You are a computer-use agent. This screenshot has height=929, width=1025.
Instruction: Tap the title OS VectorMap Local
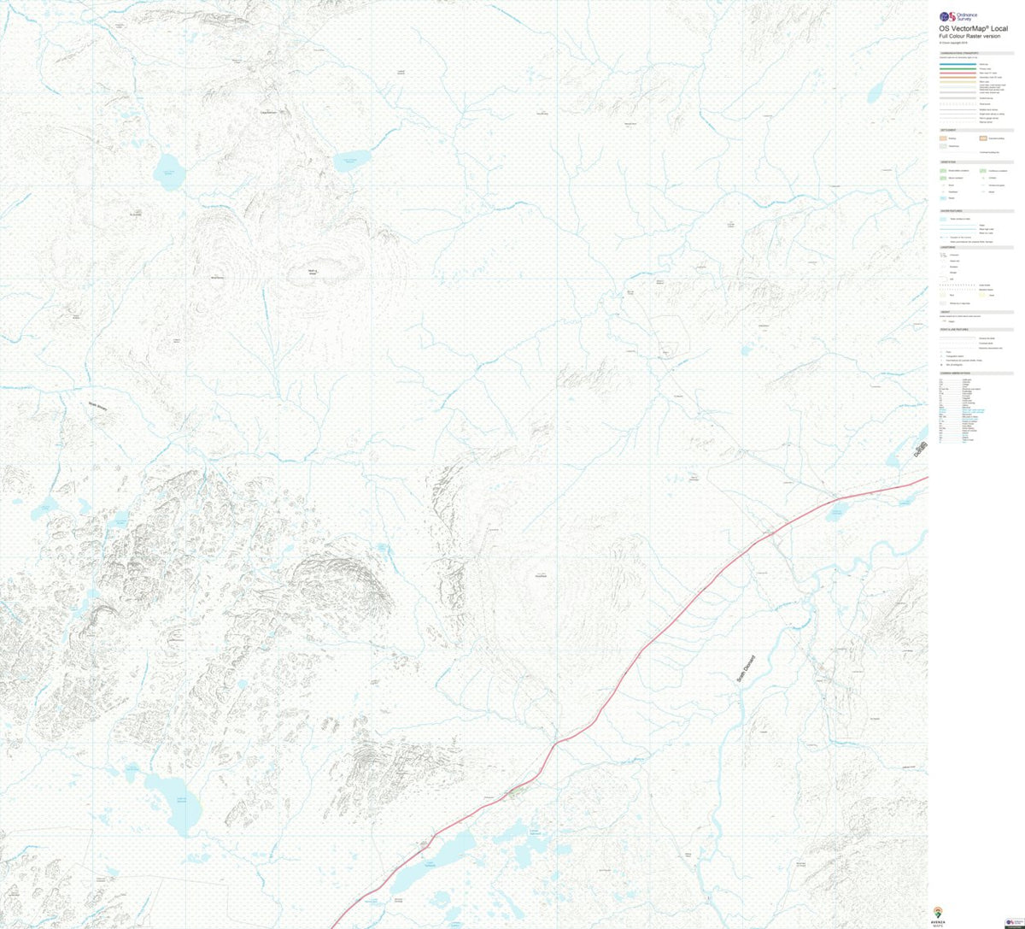point(973,29)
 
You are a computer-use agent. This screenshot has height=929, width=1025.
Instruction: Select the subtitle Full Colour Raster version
point(966,38)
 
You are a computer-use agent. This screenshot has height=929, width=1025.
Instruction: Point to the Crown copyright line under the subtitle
point(953,44)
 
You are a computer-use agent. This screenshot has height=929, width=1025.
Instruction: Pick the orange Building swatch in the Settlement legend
point(943,138)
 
